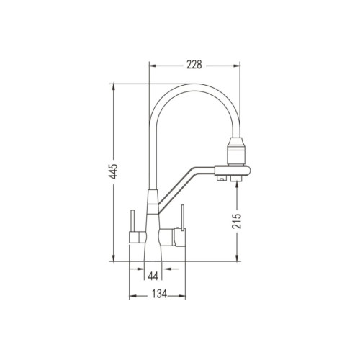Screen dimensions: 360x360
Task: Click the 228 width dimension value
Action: tap(194, 65)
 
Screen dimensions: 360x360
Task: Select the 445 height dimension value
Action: tap(113, 171)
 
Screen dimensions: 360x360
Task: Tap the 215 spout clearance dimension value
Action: tap(237, 220)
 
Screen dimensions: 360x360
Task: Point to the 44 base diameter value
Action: tap(153, 276)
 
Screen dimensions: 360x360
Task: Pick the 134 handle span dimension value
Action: tap(160, 294)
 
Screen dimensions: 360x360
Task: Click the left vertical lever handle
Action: tap(132, 220)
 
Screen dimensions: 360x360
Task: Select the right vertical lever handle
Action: tap(183, 218)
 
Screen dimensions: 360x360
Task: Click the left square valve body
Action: tap(138, 238)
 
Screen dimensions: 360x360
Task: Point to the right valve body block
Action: tap(172, 238)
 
